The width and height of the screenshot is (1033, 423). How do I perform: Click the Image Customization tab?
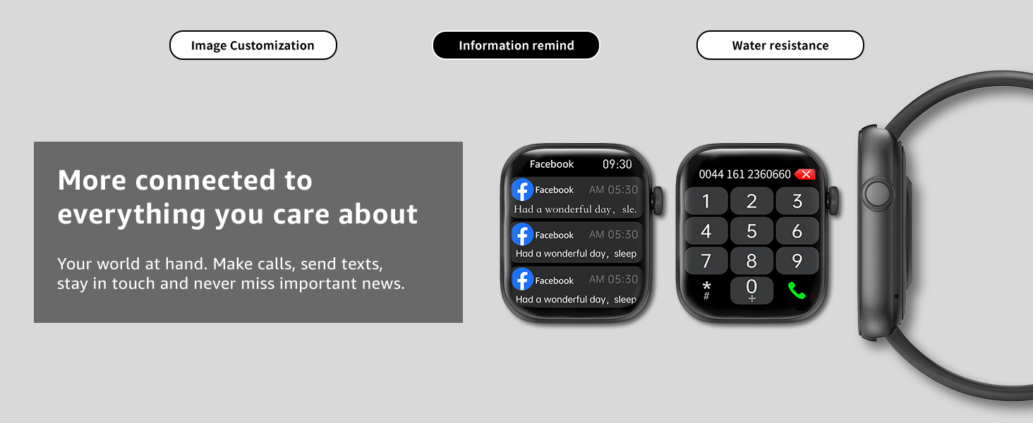pos(253,45)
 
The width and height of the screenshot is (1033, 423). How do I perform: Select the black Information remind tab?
pos(516,45)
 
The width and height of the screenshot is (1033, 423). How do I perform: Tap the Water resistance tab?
pos(780,45)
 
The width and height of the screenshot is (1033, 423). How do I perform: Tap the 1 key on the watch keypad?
pos(706,202)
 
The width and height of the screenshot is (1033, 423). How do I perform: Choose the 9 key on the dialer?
pos(797,261)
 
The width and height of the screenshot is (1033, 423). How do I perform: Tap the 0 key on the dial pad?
pos(751,290)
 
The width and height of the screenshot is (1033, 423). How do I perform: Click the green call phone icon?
pos(797,290)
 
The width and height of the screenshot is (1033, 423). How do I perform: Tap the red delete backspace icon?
pos(805,174)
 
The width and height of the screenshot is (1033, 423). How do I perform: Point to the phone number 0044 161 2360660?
pos(745,174)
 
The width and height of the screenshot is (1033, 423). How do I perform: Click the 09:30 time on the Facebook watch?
pos(617,164)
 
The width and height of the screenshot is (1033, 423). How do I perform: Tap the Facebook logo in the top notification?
pos(522,190)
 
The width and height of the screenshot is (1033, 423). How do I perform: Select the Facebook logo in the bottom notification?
pos(522,280)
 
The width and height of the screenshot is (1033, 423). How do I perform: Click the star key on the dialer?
pos(706,290)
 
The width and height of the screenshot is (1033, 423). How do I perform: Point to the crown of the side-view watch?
pos(877,194)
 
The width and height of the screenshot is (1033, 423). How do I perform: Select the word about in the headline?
pos(377,214)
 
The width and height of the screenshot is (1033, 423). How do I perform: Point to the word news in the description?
pos(382,283)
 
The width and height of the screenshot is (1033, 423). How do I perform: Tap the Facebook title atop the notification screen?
pos(552,164)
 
